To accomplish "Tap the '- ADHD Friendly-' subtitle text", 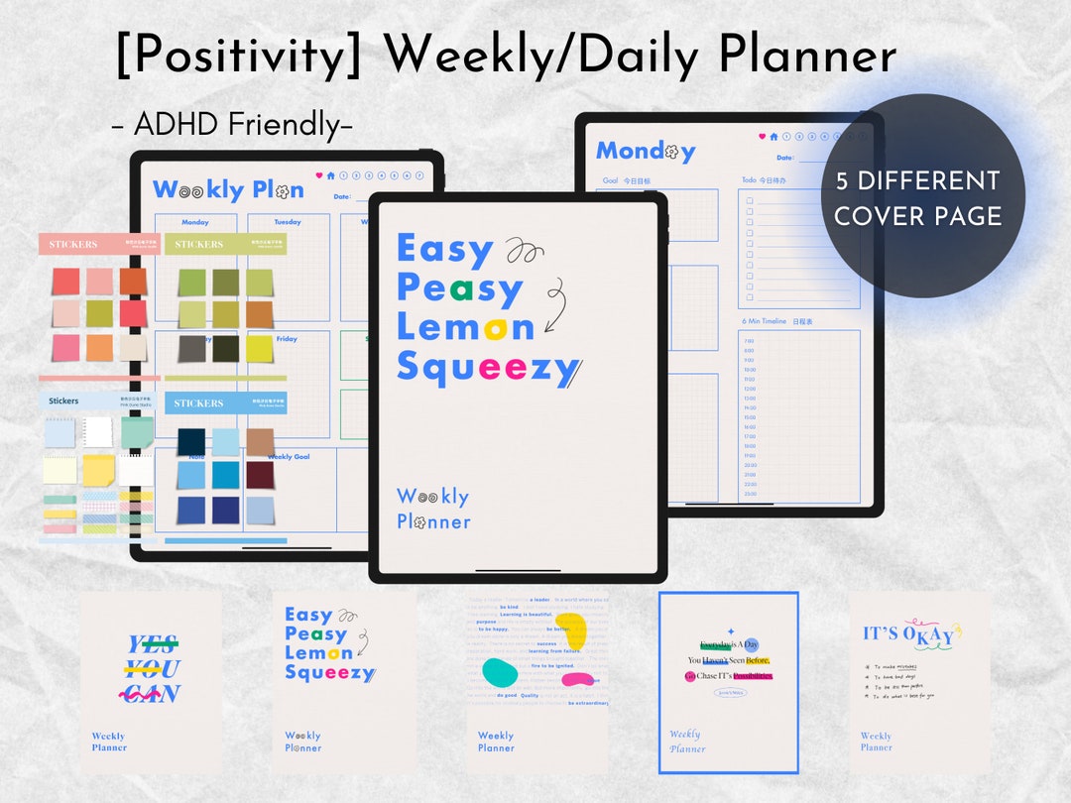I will (232, 125).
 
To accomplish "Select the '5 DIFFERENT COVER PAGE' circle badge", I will (916, 198).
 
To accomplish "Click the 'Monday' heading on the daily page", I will (645, 152).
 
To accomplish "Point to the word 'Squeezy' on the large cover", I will (487, 368).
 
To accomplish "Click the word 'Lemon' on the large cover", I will (465, 326).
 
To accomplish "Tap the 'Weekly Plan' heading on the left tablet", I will (228, 189).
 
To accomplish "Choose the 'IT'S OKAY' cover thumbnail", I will (918, 682).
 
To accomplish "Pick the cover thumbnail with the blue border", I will (729, 682).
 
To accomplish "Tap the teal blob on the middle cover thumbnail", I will (500, 672).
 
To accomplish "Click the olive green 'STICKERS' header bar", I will (225, 244).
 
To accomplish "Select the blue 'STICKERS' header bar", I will (225, 403).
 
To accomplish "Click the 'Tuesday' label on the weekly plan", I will (287, 222).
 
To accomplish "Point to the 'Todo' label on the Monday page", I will (750, 180).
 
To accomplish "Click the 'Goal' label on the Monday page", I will (611, 181).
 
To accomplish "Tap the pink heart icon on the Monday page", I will (763, 137).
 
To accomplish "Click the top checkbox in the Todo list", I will (750, 200).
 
